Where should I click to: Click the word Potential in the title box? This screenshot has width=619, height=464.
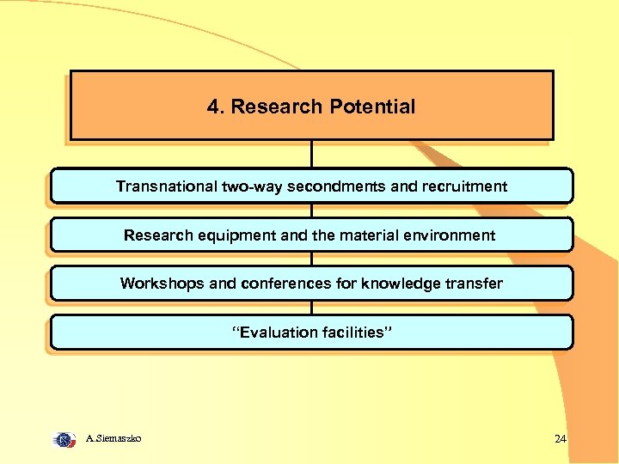coord(371,107)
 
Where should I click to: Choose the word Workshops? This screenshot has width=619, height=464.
coord(159,284)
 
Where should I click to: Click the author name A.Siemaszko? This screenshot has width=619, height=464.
coord(113,439)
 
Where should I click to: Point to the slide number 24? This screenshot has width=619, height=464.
coord(561,439)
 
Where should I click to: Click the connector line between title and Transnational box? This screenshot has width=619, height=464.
coord(311,154)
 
